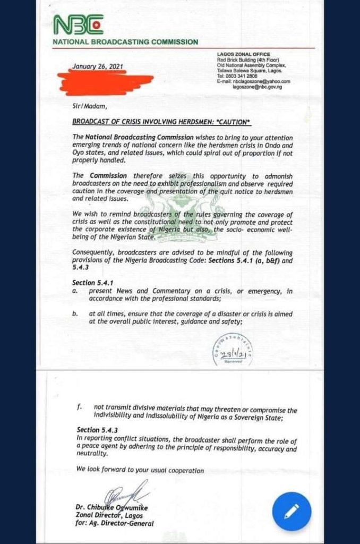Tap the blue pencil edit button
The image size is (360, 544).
click(x=291, y=511)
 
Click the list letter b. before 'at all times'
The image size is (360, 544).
click(x=75, y=314)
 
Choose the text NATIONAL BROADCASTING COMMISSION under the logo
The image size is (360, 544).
click(x=125, y=42)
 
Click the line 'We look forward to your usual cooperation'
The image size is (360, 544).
click(x=140, y=470)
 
